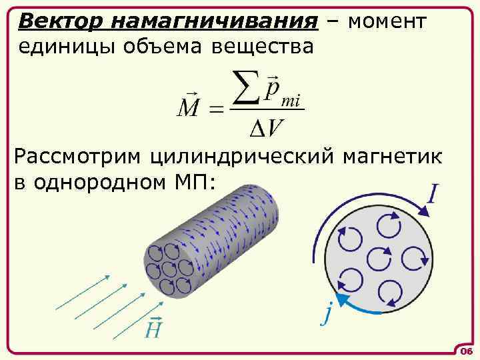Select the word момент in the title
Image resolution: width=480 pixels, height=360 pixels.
point(387,22)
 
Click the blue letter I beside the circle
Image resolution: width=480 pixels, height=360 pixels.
point(433,193)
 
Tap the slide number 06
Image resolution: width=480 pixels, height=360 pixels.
point(465,351)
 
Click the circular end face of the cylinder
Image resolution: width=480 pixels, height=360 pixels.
point(169,270)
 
